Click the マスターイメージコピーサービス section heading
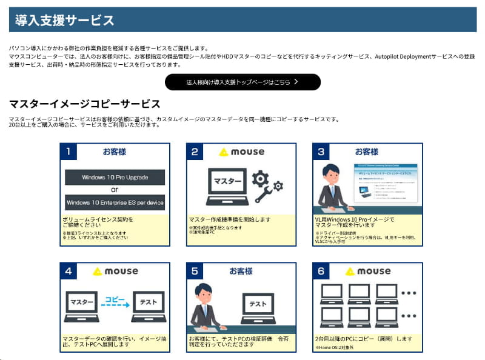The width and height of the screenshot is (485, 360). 85,104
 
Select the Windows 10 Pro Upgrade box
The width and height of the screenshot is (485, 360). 115,178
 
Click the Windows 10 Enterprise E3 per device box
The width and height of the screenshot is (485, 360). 115,202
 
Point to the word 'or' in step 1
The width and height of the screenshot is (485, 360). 115,190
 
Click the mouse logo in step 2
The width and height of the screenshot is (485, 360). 241,152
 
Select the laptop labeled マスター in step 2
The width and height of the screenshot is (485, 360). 226,184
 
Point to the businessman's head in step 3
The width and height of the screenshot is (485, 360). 331,173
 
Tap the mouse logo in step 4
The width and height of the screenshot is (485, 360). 115,271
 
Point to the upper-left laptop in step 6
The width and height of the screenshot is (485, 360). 332,293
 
